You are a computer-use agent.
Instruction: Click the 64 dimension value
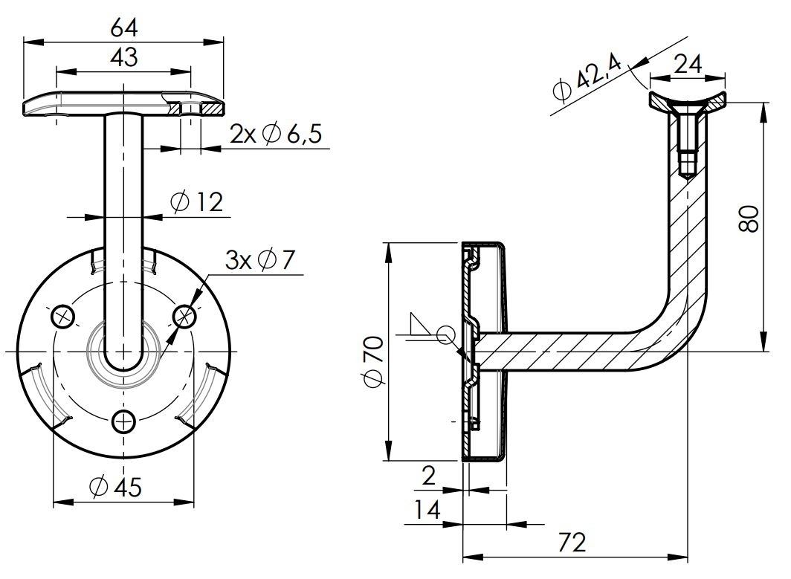[124, 28]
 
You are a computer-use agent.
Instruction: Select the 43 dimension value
[124, 57]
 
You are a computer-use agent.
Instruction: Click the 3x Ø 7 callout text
[260, 260]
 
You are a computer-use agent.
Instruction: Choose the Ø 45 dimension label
[114, 487]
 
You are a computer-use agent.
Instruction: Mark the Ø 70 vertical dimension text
[374, 360]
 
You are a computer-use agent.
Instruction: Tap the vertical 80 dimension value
[749, 219]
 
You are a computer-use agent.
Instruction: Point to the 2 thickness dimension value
[429, 476]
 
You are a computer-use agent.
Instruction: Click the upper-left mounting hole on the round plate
[64, 317]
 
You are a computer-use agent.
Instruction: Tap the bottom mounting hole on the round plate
[124, 421]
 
